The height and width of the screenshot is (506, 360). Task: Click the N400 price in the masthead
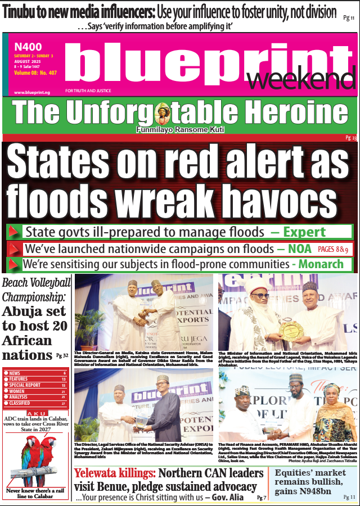pyautogui.click(x=28, y=47)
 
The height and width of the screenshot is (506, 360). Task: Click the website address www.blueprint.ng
pyautogui.click(x=32, y=92)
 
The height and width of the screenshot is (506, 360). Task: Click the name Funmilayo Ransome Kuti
pyautogui.click(x=180, y=130)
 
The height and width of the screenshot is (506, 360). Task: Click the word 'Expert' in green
pyautogui.click(x=304, y=232)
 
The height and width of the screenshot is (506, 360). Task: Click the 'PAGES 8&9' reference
pyautogui.click(x=333, y=249)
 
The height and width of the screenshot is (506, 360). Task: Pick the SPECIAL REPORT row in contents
pyautogui.click(x=25, y=385)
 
